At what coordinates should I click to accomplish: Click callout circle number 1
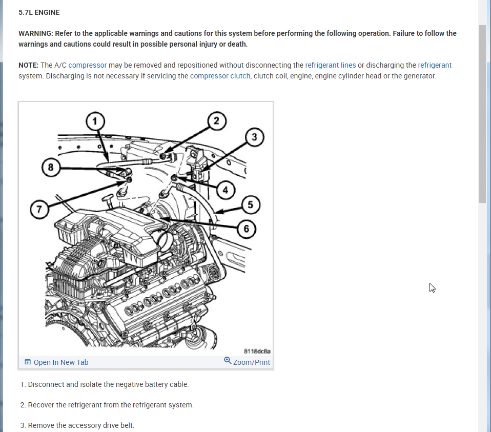click(94, 121)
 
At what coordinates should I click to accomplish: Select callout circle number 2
click(216, 121)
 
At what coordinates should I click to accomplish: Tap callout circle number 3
click(255, 137)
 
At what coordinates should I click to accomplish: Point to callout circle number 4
click(226, 189)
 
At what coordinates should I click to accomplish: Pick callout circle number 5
click(250, 205)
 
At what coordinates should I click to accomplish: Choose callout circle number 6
click(247, 229)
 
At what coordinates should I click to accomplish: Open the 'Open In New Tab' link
click(60, 362)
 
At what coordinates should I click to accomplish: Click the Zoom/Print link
click(251, 362)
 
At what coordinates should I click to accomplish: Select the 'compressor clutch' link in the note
click(220, 76)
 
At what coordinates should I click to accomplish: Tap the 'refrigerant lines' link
click(330, 65)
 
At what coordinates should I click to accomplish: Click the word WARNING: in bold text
click(35, 33)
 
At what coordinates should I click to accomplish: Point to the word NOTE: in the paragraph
click(28, 65)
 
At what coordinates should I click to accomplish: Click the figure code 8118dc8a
click(257, 352)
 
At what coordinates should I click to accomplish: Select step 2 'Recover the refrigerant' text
click(107, 405)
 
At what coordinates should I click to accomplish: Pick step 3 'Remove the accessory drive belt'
click(77, 425)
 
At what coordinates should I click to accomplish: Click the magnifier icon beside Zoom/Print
click(228, 361)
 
